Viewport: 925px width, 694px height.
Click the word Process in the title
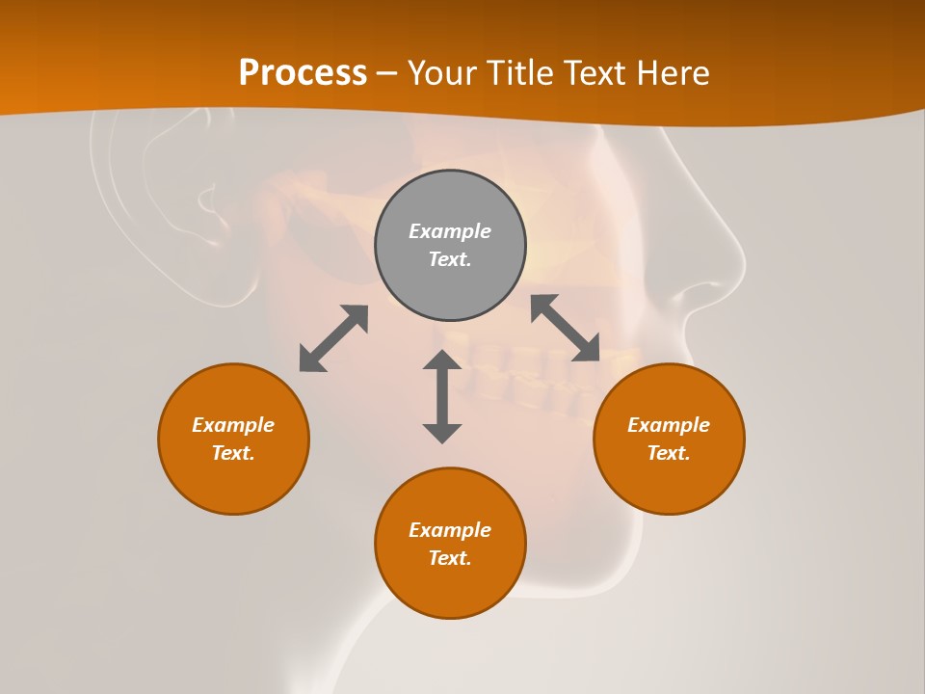pos(303,73)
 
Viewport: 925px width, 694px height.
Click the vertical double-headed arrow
pos(442,396)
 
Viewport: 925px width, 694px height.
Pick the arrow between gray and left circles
pos(333,338)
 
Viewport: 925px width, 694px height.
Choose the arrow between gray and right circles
pos(566,329)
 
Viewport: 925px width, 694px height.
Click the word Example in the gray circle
pos(450,231)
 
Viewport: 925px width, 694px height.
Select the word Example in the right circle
pos(669,425)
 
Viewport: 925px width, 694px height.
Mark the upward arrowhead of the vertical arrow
pos(442,360)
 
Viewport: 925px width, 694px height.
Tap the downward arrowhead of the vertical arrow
pos(442,432)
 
